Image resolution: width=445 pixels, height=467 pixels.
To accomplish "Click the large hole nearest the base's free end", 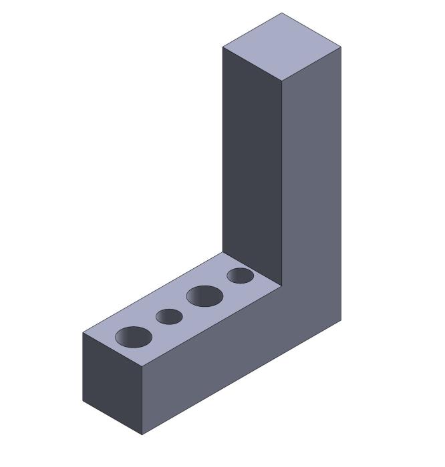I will click(x=134, y=337).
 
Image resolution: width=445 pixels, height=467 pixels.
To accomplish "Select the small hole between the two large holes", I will click(x=169, y=317).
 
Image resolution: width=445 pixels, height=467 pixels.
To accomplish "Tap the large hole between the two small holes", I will click(x=204, y=296).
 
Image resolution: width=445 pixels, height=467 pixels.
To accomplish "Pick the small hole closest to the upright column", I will click(x=240, y=276).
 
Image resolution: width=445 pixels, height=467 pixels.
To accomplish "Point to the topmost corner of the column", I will click(x=281, y=13).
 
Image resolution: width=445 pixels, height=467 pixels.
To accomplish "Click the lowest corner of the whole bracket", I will click(x=142, y=435).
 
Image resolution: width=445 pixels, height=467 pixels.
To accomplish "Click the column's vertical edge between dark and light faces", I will click(x=281, y=180).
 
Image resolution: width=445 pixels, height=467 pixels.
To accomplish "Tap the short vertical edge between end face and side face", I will click(x=142, y=400).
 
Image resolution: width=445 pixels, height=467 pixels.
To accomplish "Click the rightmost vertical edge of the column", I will click(x=341, y=187).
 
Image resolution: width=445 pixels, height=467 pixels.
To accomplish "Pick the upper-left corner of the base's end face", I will click(x=83, y=332).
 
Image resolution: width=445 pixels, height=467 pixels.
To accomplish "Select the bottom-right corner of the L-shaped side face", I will click(x=341, y=321).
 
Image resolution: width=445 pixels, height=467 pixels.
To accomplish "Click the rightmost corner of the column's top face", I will click(x=341, y=47).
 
